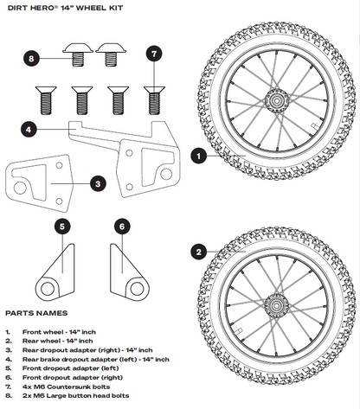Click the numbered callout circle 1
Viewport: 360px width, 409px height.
(x=198, y=157)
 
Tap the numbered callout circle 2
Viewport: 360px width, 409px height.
(x=198, y=252)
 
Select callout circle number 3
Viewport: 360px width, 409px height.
(x=99, y=183)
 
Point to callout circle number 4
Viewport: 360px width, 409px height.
(x=29, y=129)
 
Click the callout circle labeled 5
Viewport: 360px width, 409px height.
(x=62, y=227)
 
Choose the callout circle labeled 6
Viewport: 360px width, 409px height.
(x=122, y=227)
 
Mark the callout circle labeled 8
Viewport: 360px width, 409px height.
(x=31, y=59)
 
